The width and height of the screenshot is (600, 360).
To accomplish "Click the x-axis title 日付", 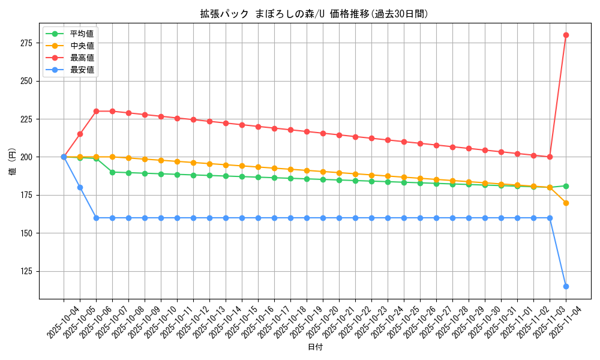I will pyautogui.click(x=315, y=347).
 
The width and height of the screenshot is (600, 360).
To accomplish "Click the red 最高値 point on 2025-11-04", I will pyautogui.click(x=566, y=35).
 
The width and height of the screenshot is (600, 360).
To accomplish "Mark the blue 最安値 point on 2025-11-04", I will pyautogui.click(x=566, y=286).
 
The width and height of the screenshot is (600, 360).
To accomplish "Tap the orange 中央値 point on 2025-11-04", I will pyautogui.click(x=566, y=203).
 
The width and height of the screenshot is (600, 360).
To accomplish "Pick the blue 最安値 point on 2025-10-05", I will pyautogui.click(x=80, y=187).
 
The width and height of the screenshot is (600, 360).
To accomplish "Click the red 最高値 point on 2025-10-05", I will pyautogui.click(x=80, y=134).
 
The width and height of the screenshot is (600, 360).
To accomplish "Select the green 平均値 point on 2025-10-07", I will pyautogui.click(x=112, y=172).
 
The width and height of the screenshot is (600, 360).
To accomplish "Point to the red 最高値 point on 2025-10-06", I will pyautogui.click(x=96, y=111).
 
